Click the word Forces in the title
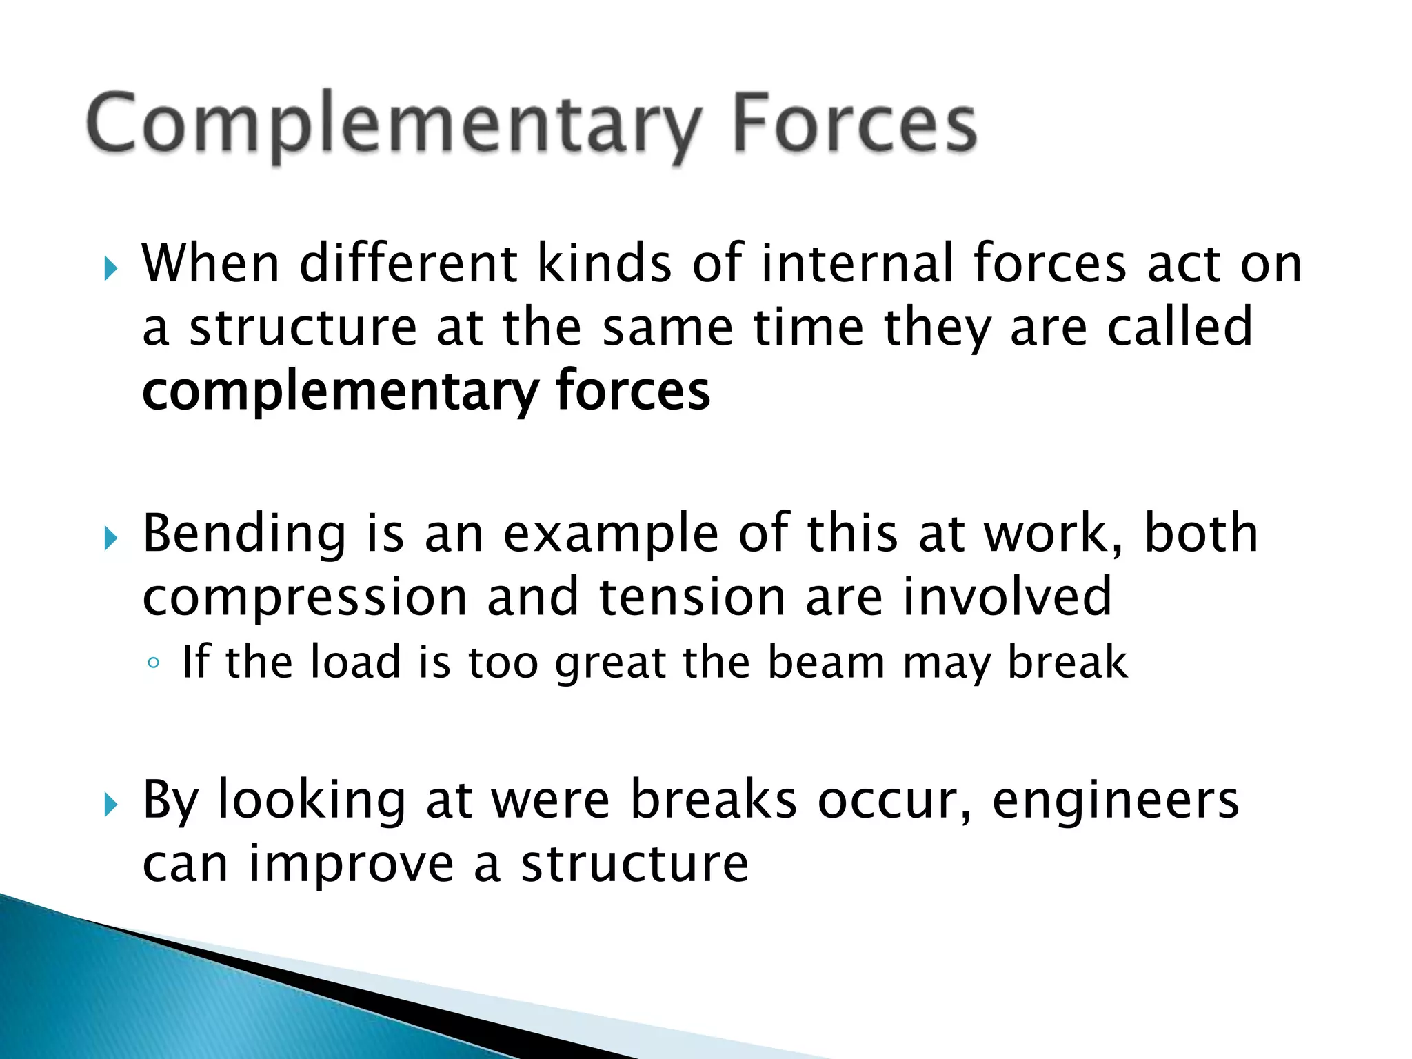click(x=854, y=124)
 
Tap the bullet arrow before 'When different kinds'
click(x=111, y=268)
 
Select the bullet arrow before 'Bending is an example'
click(x=111, y=538)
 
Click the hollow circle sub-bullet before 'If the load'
click(x=154, y=663)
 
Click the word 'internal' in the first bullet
click(x=858, y=263)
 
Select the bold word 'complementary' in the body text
click(x=339, y=392)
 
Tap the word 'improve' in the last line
click(x=351, y=865)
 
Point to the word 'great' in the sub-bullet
click(x=611, y=663)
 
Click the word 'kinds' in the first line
click(x=604, y=263)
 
